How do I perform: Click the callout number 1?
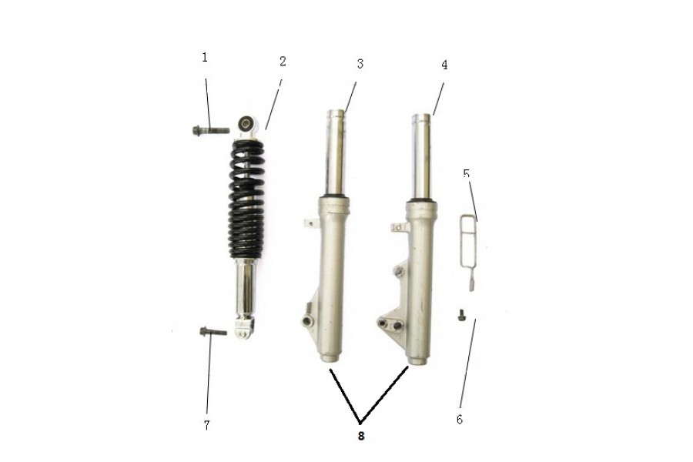[205, 58]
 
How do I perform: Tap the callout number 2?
[283, 62]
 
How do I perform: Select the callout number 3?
[360, 64]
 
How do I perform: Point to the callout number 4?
[444, 65]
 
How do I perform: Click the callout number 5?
[467, 173]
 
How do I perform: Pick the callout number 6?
[460, 420]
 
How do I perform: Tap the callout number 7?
[206, 425]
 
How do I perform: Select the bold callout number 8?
[361, 436]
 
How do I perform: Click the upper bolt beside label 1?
[211, 130]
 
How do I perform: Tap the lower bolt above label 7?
[213, 332]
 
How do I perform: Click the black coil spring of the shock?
[246, 199]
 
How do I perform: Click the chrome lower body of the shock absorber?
[246, 290]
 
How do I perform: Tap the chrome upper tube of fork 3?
[336, 153]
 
